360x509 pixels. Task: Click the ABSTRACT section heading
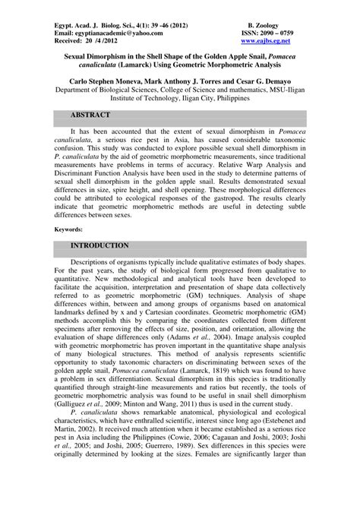[90, 115]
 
